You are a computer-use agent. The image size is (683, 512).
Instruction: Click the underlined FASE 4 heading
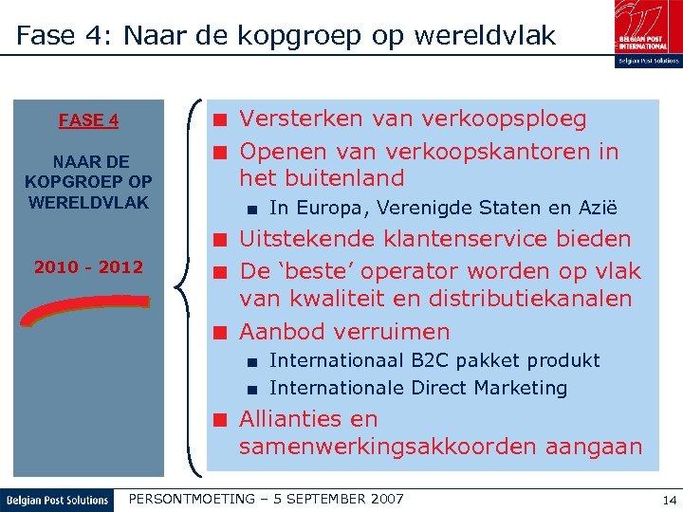click(88, 120)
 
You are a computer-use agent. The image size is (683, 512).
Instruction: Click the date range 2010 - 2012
click(88, 267)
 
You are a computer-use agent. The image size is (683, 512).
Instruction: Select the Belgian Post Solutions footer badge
click(57, 500)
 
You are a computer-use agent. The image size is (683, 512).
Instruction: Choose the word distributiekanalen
click(536, 299)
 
